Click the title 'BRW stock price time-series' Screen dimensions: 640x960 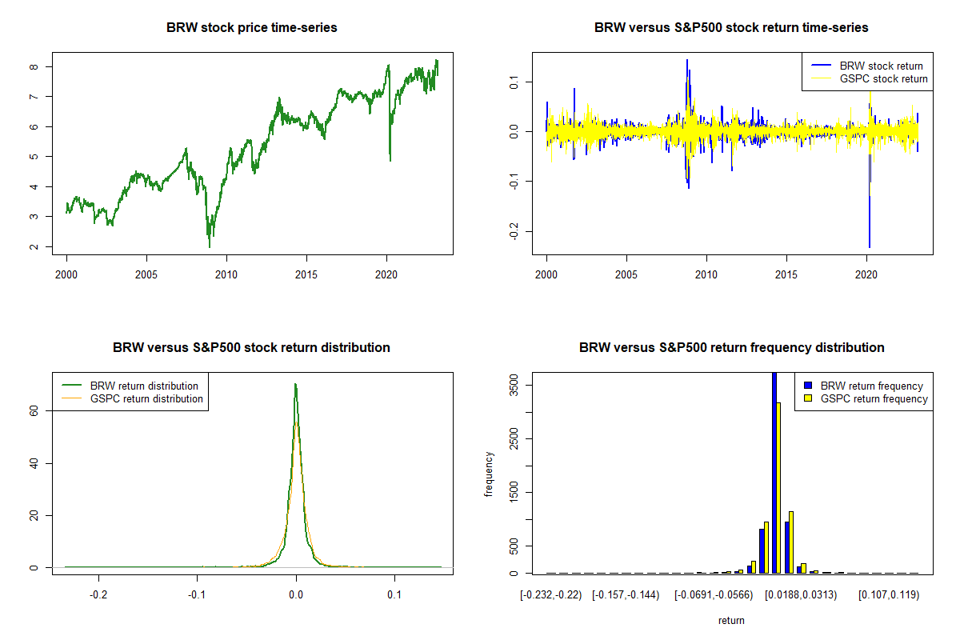[x=251, y=28]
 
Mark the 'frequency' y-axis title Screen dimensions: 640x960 [x=490, y=474]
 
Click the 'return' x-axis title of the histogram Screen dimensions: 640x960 [x=731, y=620]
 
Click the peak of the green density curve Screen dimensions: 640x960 [x=295, y=384]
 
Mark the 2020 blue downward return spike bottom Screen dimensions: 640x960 [x=870, y=247]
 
